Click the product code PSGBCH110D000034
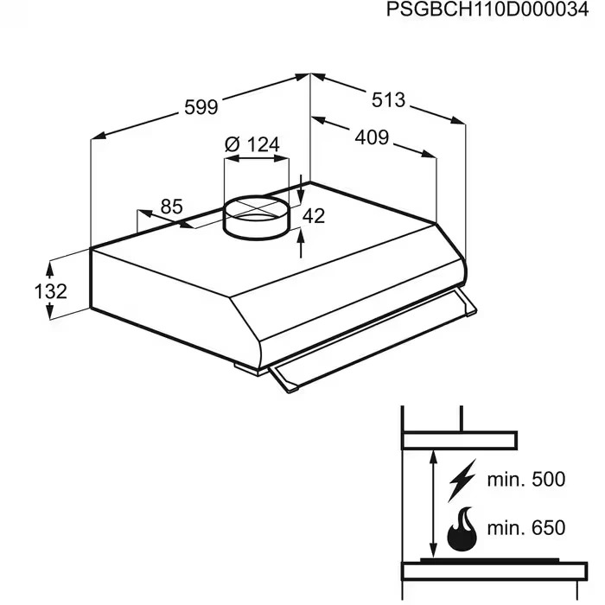[x=487, y=10]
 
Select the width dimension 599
[x=201, y=107]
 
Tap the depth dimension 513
[x=389, y=100]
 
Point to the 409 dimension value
[x=372, y=137]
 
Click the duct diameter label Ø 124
[x=252, y=144]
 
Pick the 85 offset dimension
[x=171, y=207]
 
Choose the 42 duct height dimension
[x=314, y=216]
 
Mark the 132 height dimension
[x=50, y=291]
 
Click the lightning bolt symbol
[x=462, y=480]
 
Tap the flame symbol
[x=462, y=529]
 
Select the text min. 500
[x=526, y=480]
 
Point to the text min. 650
[x=526, y=528]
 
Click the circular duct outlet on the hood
[x=256, y=217]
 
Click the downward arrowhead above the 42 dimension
[x=301, y=196]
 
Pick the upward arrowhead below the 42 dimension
[x=301, y=235]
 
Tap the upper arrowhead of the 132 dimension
[x=49, y=269]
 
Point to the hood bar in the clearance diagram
[x=459, y=441]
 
